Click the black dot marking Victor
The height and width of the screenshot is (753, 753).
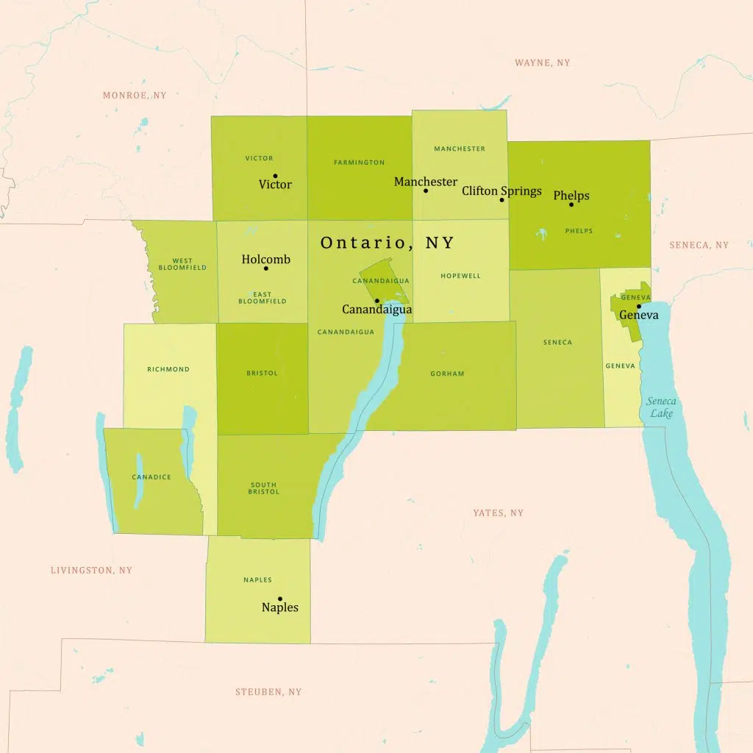[275, 176]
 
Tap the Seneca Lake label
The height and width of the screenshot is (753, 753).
[660, 407]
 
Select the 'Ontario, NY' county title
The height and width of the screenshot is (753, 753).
[388, 243]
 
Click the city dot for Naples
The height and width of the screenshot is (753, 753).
[279, 599]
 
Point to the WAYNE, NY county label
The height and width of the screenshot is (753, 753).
[542, 63]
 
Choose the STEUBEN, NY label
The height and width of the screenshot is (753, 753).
[268, 692]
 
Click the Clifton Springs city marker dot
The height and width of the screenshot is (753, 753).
[502, 200]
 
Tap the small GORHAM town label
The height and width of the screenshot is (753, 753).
[447, 374]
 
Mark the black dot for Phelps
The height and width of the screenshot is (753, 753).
[571, 204]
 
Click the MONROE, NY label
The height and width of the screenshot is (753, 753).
[135, 96]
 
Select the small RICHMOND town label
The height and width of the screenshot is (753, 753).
[168, 369]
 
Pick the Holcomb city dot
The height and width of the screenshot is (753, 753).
[265, 268]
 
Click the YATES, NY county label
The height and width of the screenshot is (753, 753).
[498, 513]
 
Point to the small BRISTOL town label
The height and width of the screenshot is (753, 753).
[262, 374]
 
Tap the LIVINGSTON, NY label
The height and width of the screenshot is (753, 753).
[91, 570]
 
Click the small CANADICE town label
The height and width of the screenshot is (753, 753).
[151, 477]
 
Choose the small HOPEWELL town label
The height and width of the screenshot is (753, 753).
[460, 276]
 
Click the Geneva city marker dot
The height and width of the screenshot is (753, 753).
[638, 306]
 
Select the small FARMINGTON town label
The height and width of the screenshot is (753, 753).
[359, 163]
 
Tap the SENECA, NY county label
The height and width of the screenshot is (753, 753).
[699, 245]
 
